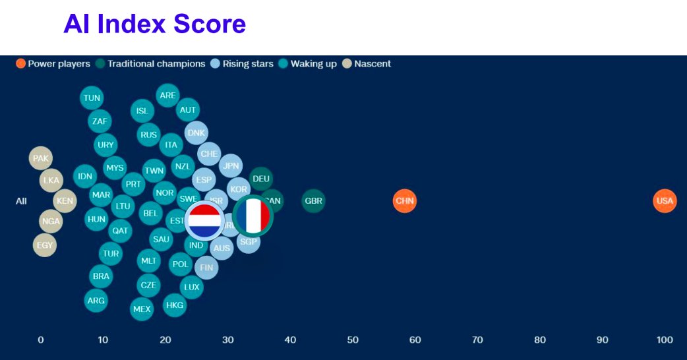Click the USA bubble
click(x=665, y=200)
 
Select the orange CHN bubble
click(x=404, y=200)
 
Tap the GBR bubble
click(x=314, y=200)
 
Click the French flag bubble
click(x=253, y=216)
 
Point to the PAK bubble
click(x=41, y=158)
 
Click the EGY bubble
click(x=45, y=245)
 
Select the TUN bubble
click(x=92, y=98)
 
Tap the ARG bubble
click(x=96, y=301)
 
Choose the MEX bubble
click(x=142, y=309)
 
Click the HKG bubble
click(x=175, y=305)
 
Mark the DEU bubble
click(x=261, y=178)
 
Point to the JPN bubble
click(x=230, y=165)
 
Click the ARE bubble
click(x=168, y=95)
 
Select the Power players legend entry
click(x=53, y=64)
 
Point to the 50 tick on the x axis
click(x=352, y=340)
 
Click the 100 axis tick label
click(x=665, y=340)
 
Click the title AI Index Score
click(x=154, y=24)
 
